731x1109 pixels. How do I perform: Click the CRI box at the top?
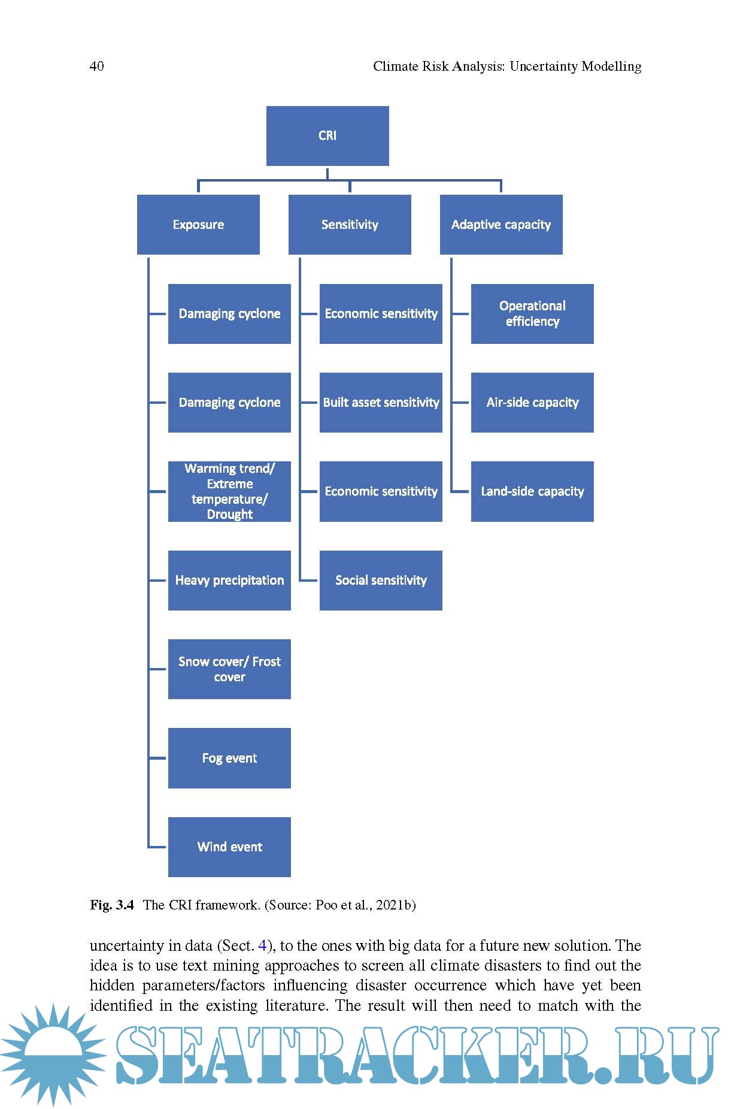327,136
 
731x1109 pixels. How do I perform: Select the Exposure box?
198,225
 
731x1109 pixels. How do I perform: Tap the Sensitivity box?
350,225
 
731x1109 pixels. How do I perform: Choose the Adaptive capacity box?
501,225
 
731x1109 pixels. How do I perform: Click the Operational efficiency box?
532,314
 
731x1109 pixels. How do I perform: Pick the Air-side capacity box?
532,403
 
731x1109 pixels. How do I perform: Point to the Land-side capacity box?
532,491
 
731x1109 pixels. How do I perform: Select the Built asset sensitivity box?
381,403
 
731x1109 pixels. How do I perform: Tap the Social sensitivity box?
381,581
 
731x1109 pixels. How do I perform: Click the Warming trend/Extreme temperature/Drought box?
229,491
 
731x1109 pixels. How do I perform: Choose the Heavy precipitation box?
229,581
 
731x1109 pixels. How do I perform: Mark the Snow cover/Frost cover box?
229,669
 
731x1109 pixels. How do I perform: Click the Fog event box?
229,758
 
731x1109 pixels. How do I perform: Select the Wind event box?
229,847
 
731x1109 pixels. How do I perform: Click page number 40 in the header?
96,67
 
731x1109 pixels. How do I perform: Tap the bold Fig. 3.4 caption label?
112,905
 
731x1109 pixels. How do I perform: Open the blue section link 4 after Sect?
262,946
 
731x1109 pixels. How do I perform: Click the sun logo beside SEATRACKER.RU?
53,1054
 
